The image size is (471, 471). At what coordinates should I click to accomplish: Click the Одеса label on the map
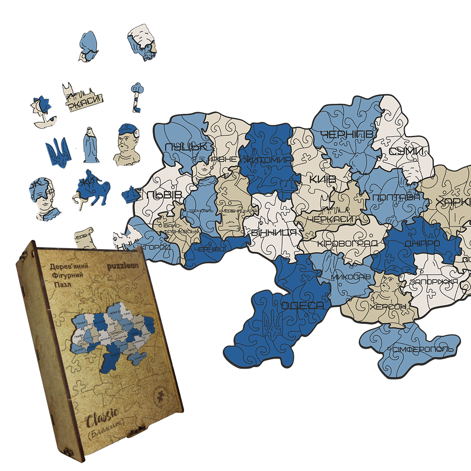(302, 306)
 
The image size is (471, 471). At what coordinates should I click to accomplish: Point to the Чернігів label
(347, 135)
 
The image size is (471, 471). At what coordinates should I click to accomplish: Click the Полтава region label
(396, 198)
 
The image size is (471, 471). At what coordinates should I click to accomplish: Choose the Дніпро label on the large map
(422, 243)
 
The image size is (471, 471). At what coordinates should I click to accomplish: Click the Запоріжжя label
(434, 281)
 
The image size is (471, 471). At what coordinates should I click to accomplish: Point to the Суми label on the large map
(406, 151)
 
